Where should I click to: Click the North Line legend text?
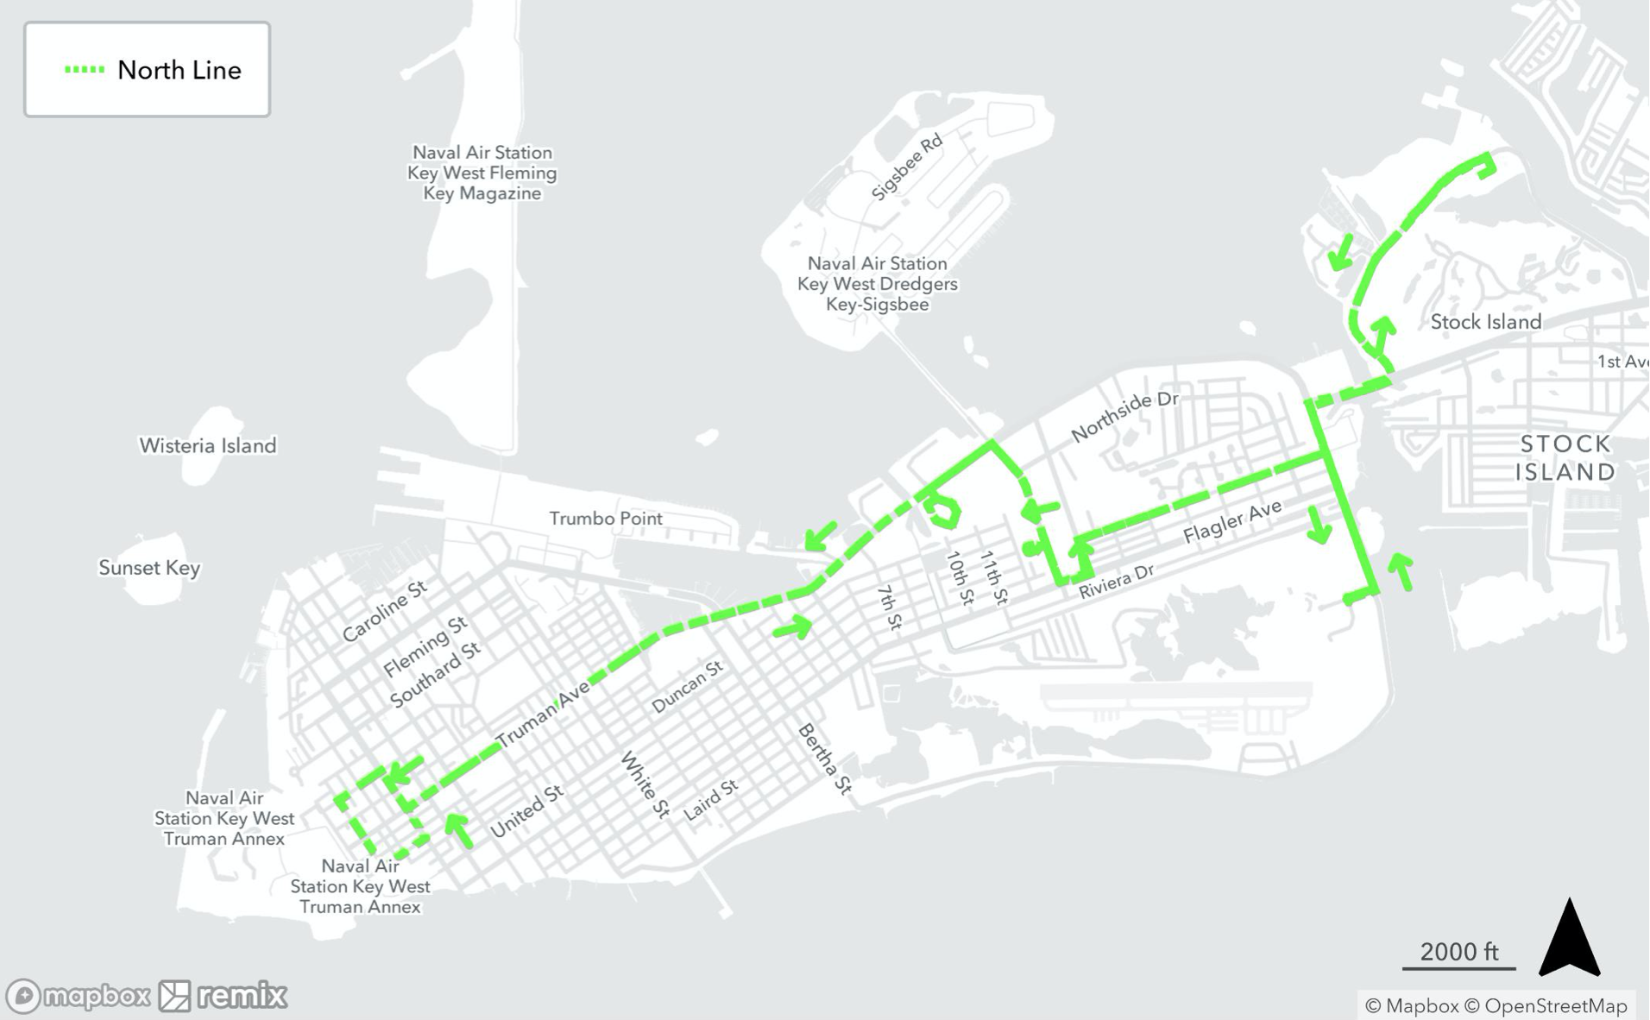click(x=179, y=71)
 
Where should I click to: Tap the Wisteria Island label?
click(x=208, y=445)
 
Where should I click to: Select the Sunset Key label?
click(x=149, y=568)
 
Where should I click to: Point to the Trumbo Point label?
click(x=606, y=519)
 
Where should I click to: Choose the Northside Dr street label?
click(x=1124, y=416)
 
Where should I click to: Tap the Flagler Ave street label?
click(x=1231, y=522)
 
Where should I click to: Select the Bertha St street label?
click(x=824, y=758)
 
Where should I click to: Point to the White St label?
click(x=645, y=784)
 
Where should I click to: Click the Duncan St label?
click(x=686, y=687)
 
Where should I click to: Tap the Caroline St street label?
click(x=384, y=611)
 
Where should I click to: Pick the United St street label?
click(x=526, y=811)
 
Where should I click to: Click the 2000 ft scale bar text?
click(x=1458, y=952)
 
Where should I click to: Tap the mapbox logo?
click(x=78, y=996)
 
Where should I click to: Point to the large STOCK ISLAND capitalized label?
click(x=1565, y=457)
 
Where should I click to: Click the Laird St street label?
click(x=711, y=799)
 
